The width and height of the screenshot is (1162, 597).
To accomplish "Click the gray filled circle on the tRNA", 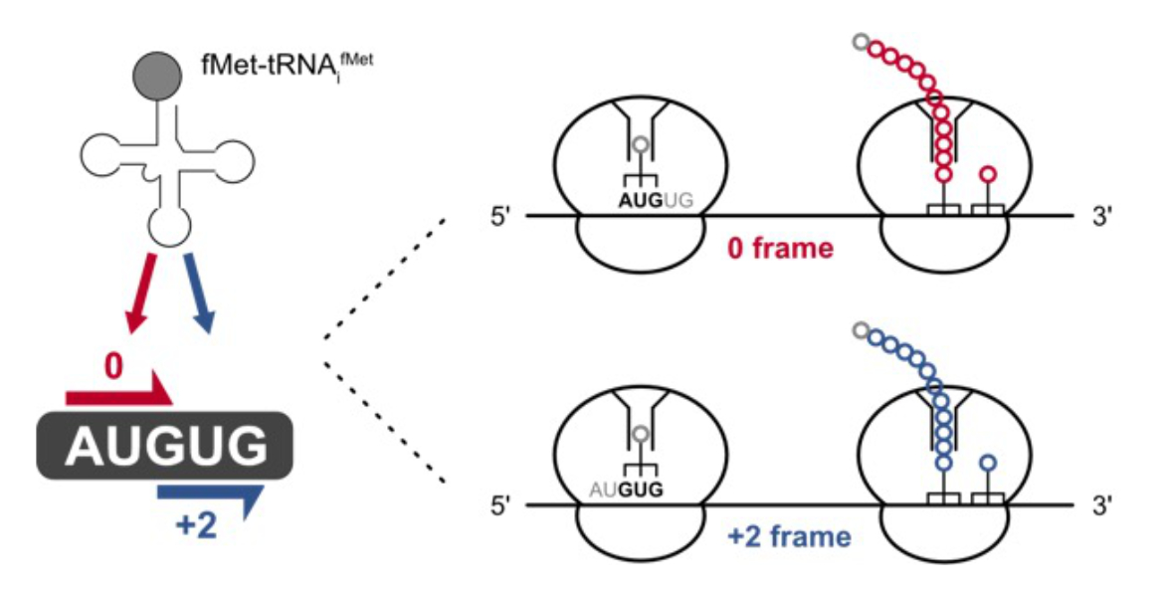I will coord(157,77).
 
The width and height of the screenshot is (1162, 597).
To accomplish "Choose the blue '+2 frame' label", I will coord(789,538).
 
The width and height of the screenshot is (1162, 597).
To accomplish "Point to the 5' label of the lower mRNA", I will coord(500,506).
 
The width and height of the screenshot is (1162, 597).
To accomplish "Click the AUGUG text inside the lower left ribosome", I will coord(627,490).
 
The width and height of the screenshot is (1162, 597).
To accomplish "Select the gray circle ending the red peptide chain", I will coord(860,42).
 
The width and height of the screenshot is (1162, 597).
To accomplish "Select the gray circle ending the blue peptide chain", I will coord(860,331).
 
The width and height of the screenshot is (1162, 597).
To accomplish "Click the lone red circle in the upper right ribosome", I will coord(987,174).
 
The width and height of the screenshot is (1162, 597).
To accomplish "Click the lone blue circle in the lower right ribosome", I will coord(987,463).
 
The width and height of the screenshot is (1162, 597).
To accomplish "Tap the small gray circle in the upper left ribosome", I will coord(642,145).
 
